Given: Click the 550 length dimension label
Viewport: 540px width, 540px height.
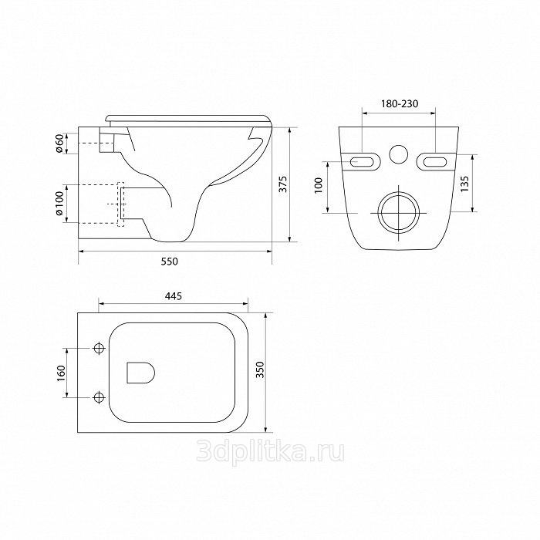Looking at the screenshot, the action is tap(170, 262).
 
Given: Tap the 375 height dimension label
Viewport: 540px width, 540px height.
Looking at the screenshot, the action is tap(283, 184).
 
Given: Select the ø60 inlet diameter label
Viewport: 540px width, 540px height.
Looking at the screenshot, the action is tap(59, 143).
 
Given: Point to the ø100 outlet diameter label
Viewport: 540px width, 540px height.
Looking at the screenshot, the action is tap(59, 203).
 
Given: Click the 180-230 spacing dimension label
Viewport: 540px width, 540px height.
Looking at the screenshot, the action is tap(400, 103).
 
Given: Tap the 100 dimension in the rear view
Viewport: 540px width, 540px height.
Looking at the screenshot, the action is tap(318, 185).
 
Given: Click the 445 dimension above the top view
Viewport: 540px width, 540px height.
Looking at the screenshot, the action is tap(174, 295).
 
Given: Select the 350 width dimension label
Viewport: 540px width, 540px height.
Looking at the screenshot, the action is tap(260, 370).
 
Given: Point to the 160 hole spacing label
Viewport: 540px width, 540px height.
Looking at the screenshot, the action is tap(61, 373).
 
